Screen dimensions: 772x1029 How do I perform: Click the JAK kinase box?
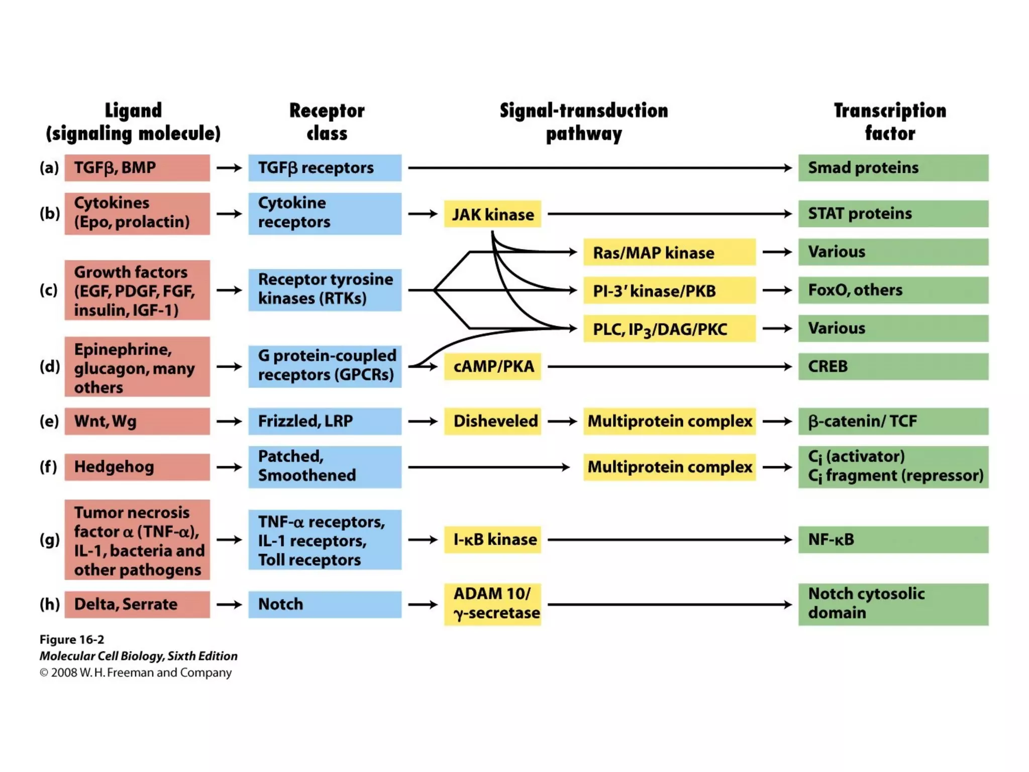[492, 214]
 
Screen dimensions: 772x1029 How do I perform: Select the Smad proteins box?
[893, 168]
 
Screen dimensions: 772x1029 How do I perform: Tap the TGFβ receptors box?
[325, 168]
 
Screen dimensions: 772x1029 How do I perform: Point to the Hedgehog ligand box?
[137, 467]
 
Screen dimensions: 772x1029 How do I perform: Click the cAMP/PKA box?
[492, 366]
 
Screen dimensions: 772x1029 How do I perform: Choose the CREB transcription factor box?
[893, 366]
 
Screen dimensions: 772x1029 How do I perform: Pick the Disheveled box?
[492, 421]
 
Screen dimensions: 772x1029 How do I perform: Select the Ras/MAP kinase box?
[669, 252]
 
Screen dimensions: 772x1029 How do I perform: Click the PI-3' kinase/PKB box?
[669, 291]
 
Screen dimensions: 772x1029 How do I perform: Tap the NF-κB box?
[893, 540]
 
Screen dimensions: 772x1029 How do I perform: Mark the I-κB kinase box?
[492, 540]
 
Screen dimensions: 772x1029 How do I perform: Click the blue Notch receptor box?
[325, 604]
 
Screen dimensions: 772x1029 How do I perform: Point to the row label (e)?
[49, 421]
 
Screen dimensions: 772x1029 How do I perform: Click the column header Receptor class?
[327, 122]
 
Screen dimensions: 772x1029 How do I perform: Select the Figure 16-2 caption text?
[72, 640]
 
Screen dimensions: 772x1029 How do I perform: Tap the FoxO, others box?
[893, 291]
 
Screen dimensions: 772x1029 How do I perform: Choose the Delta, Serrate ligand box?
[137, 604]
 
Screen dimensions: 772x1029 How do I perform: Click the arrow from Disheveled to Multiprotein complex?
[562, 421]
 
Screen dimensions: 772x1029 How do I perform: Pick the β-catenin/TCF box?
[893, 421]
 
